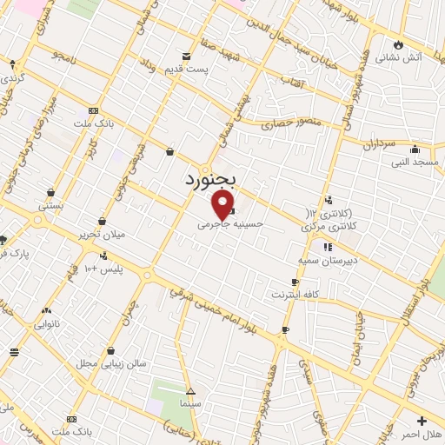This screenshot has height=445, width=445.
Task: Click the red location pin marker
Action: click(x=223, y=205)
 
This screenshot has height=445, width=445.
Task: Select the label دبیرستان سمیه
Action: click(x=322, y=261)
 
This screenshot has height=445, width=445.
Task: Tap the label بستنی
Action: click(x=51, y=207)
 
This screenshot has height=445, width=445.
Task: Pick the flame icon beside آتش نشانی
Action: click(x=399, y=44)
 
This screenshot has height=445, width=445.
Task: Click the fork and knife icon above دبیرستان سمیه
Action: click(x=327, y=248)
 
